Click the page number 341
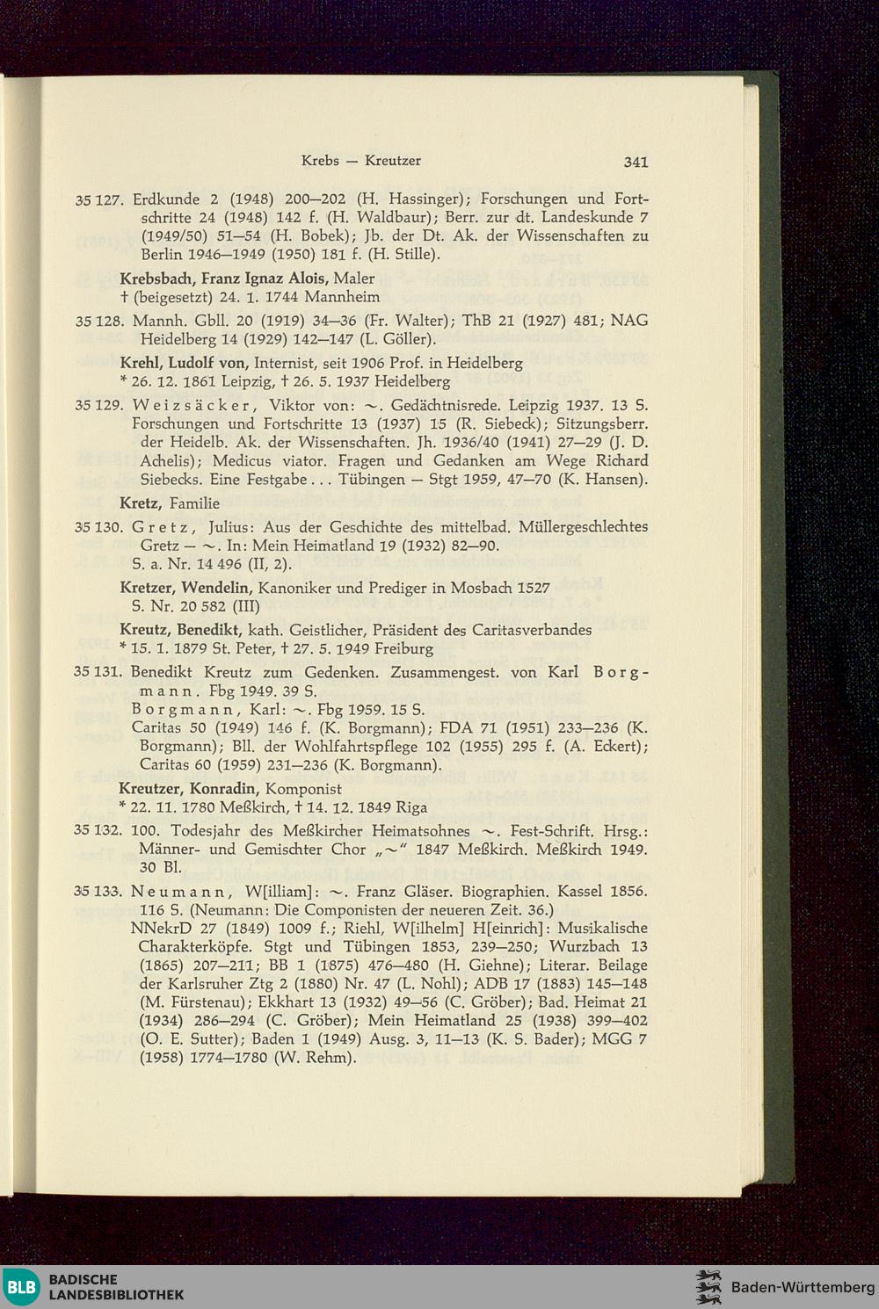[636, 162]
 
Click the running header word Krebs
[321, 161]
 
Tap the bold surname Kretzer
[147, 587]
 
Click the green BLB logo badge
[19, 1287]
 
